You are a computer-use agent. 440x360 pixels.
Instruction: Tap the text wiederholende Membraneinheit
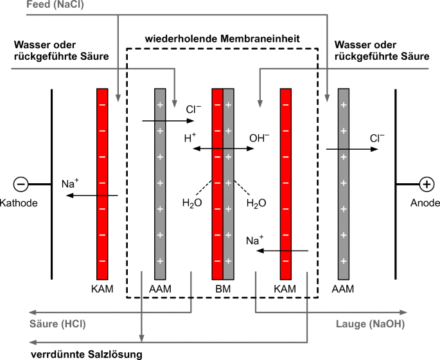223,38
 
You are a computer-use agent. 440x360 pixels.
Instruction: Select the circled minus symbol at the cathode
21,184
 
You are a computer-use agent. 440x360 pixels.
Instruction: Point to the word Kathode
21,203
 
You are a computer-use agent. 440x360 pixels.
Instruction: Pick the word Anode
425,203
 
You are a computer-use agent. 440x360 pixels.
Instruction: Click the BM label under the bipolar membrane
223,289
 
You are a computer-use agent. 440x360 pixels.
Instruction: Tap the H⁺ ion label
190,138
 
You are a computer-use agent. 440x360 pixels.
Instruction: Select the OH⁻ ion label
260,138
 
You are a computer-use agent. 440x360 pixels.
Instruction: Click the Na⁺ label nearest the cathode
70,184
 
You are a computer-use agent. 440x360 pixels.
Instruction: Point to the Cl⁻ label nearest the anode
376,138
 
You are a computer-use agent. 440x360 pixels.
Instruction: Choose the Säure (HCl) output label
58,323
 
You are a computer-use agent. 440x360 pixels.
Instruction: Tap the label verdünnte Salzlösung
85,353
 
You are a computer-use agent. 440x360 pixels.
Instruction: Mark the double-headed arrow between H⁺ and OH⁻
224,148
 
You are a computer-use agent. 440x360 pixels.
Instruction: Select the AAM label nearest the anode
344,289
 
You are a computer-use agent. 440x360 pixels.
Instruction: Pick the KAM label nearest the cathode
102,289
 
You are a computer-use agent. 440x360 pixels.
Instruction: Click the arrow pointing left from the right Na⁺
283,251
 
